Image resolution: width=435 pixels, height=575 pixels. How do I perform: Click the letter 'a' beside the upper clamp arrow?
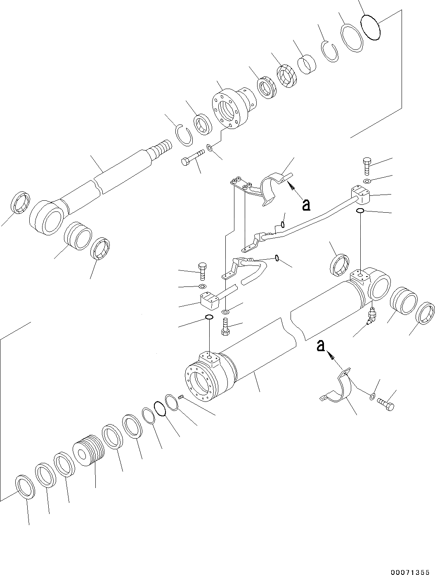pos(306,205)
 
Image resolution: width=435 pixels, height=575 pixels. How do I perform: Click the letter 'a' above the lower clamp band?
pos(321,346)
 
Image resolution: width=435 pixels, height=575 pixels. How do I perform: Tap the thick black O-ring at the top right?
pos(370,27)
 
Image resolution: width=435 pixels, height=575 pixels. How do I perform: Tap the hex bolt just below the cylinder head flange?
pos(193,156)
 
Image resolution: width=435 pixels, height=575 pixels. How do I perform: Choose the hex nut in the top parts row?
pos(286,76)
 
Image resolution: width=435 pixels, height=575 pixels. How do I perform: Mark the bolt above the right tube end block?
pos(367,167)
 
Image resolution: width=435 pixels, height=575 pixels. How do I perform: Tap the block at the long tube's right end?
pos(361,195)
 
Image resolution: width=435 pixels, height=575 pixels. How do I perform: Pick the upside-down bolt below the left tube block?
pos(225,326)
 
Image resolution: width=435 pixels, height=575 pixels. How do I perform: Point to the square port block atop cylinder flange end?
pos(209,359)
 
